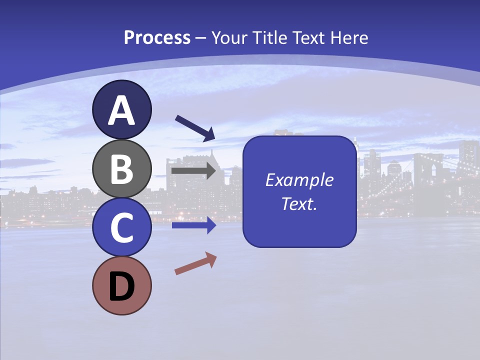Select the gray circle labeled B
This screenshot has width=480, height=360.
[x=122, y=168]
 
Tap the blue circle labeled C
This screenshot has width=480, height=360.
[x=122, y=227]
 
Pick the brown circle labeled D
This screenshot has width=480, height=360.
[x=122, y=286]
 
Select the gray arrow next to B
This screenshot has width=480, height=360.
[x=194, y=171]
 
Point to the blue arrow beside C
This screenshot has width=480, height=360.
[x=194, y=225]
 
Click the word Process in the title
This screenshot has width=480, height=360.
[x=157, y=37]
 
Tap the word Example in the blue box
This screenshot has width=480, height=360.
[x=299, y=180]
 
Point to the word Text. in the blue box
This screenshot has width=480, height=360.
[x=299, y=204]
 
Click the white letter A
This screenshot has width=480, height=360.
[x=122, y=110]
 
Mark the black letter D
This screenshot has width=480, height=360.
[x=122, y=287]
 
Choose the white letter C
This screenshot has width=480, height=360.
[x=122, y=228]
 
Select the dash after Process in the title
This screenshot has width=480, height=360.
[x=201, y=38]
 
